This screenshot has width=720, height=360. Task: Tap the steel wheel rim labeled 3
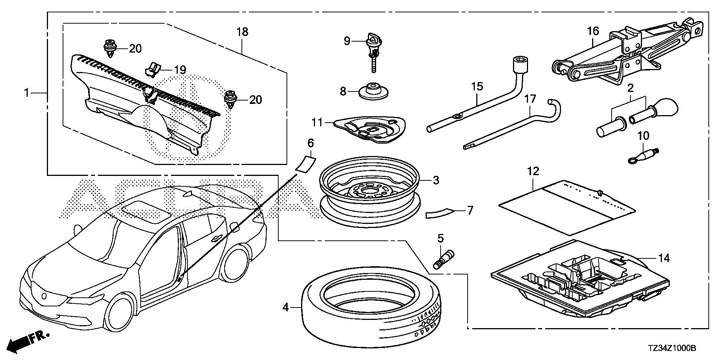pyautogui.click(x=371, y=187)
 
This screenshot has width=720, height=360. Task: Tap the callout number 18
pyautogui.click(x=243, y=32)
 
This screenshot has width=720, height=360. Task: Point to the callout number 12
pyautogui.click(x=533, y=171)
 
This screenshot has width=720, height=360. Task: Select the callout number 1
pyautogui.click(x=27, y=82)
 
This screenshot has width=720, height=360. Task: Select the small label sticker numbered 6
pyautogui.click(x=306, y=164)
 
